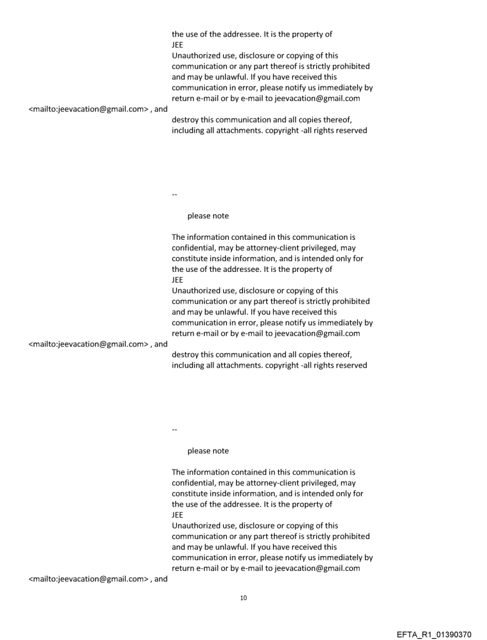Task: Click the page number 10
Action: coord(243,598)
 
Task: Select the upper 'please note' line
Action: coord(208,216)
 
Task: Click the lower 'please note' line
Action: coord(208,450)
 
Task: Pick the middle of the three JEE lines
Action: coord(177,280)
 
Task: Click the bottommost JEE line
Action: coord(177,514)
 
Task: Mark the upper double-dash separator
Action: coord(174,194)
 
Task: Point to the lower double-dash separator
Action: coord(174,429)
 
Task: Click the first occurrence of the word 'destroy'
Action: coord(184,119)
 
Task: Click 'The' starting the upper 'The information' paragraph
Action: coord(178,237)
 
